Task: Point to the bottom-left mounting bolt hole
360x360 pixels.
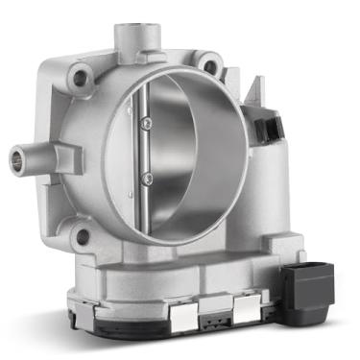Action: pos(83,235)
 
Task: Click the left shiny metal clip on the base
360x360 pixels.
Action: pos(177,314)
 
